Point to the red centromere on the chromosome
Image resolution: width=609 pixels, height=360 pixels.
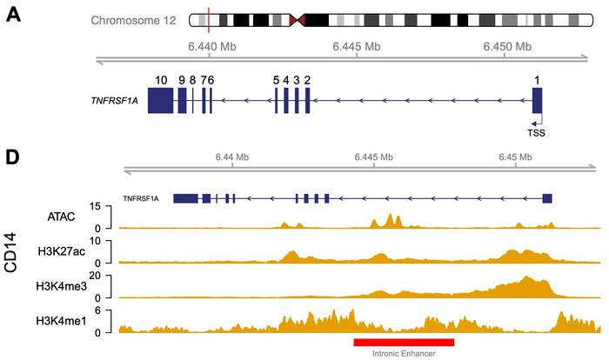(x=299, y=20)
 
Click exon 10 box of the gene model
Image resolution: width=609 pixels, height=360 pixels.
(x=161, y=101)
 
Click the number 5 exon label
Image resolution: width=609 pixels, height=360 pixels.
(x=276, y=80)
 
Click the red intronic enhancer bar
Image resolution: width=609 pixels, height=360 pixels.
(x=404, y=342)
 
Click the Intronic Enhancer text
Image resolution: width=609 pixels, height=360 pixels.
(x=405, y=353)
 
